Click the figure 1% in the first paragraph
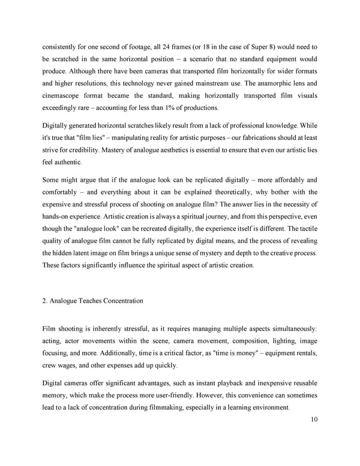[x=161, y=108]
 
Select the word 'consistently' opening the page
[x=64, y=47]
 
